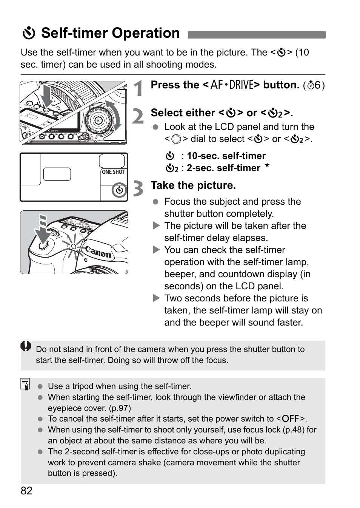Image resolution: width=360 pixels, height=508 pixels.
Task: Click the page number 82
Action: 26,491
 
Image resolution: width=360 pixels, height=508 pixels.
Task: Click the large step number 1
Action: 139,88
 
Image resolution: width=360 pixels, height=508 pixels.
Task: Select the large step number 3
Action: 138,188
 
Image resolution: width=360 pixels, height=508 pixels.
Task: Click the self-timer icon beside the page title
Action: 29,34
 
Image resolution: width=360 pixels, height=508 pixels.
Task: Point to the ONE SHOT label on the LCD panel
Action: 113,172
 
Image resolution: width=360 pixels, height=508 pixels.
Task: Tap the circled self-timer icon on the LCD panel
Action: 119,190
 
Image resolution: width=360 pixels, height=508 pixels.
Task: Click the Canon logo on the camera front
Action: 98,252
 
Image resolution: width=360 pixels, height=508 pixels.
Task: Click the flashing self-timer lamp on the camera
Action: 74,246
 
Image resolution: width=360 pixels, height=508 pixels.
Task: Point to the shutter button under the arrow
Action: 43,245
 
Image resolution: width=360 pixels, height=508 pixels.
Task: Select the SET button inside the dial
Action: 98,120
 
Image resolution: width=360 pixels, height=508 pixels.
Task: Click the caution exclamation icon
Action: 26,346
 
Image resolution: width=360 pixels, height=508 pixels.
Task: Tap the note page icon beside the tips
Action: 26,384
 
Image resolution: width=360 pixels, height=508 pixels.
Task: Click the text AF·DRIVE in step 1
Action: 231,85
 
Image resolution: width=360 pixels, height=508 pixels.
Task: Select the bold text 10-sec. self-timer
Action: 226,156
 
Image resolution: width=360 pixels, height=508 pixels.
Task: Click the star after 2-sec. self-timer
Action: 267,166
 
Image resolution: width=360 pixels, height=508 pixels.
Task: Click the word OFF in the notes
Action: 291,419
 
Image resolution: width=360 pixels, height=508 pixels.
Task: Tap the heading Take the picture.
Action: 193,185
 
